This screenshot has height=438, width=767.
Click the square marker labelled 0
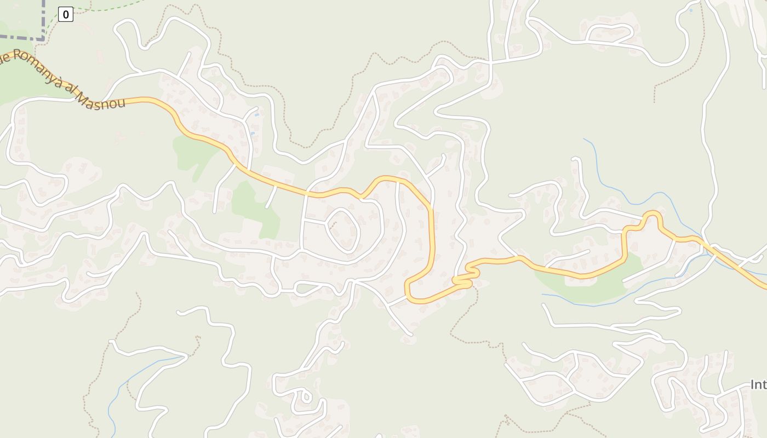pos(66,15)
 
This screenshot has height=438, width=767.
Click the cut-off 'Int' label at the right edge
pos(758,385)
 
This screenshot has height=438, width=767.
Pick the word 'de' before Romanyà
pos(4,57)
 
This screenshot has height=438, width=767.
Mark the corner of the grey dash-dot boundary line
pos(43,38)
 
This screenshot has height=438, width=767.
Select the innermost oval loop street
pos(343,230)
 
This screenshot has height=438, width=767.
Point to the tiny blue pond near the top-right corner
pos(690,10)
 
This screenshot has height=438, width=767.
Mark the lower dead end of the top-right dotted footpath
pos(654,102)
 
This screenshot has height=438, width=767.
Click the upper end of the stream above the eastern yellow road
pos(584,139)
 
